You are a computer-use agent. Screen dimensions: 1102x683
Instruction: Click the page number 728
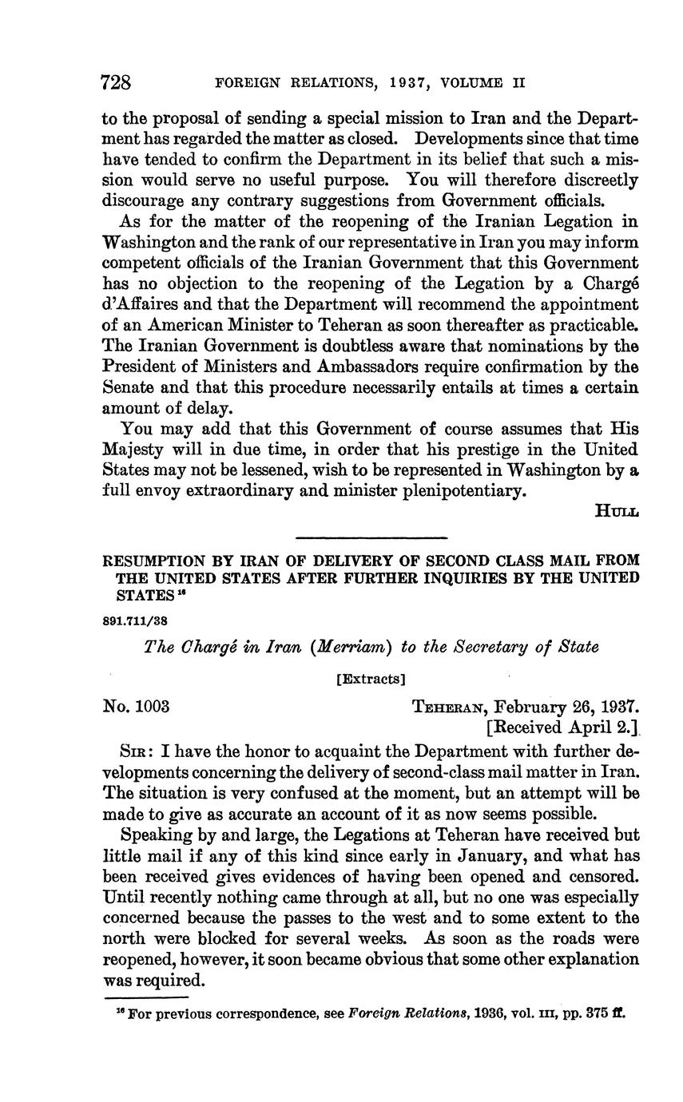tap(116, 81)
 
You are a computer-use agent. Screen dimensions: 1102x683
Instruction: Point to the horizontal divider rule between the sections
tap(371, 537)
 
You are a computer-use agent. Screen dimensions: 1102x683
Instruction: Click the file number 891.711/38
tap(134, 620)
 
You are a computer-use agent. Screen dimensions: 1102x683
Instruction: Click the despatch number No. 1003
tap(136, 707)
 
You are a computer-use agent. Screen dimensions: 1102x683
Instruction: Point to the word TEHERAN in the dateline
tap(448, 708)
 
